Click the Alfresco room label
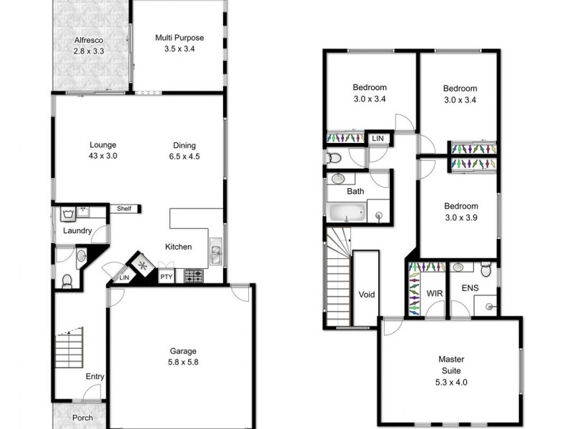click(88, 39)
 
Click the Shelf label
click(126, 209)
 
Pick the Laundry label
click(77, 231)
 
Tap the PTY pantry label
click(166, 277)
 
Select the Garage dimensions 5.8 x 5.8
click(182, 363)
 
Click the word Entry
click(95, 376)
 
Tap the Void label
click(366, 295)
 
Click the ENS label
click(470, 289)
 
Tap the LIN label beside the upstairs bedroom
click(378, 138)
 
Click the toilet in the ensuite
click(486, 269)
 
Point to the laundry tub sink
click(68, 212)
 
